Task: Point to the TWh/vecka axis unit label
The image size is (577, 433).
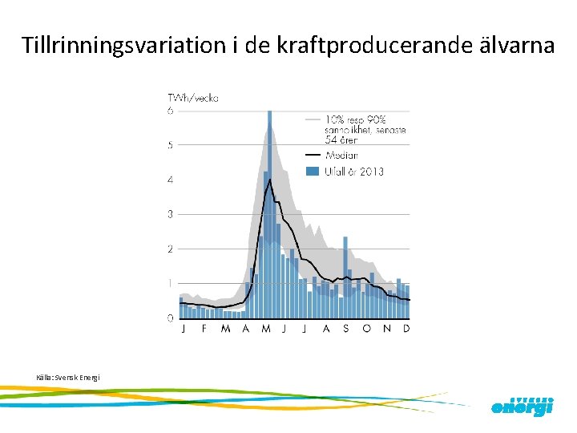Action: (192, 98)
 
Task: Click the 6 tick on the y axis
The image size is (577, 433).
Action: (170, 111)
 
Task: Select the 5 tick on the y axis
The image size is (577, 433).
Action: (170, 145)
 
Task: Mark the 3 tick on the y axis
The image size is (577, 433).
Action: (170, 214)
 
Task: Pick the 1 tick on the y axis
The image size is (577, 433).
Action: (170, 283)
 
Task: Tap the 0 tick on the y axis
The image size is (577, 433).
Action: (170, 318)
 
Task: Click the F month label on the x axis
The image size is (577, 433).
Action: (204, 329)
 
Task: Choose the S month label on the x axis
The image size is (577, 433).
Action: (346, 329)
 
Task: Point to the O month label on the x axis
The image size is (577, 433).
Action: (367, 329)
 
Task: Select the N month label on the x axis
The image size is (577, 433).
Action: (387, 329)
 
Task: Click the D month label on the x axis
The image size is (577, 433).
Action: (406, 329)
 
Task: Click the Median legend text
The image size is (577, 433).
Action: (341, 155)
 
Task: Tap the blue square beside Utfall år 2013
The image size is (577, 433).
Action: (313, 172)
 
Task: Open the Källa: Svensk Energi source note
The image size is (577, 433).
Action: (68, 377)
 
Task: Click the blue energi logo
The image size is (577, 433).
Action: (522, 407)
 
